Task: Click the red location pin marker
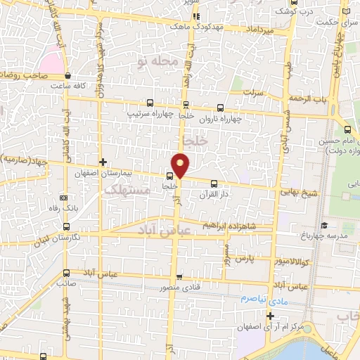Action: click(x=181, y=165)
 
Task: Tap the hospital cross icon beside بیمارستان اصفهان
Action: click(x=103, y=162)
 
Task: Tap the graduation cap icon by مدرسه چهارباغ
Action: click(x=323, y=226)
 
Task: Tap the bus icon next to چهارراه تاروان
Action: click(x=220, y=108)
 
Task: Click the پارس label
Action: click(x=243, y=259)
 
